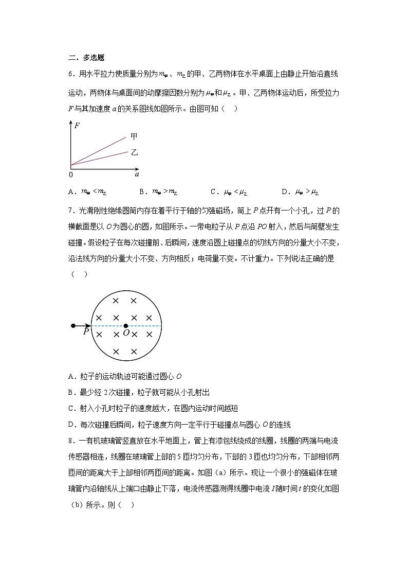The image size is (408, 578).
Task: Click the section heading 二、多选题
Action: (x=86, y=58)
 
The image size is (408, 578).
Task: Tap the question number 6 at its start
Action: (x=70, y=75)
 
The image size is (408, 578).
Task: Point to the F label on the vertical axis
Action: (x=77, y=125)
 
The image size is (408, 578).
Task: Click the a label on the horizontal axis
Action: (x=137, y=175)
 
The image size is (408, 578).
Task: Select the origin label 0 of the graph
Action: (x=70, y=175)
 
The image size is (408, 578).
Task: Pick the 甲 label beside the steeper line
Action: (x=134, y=136)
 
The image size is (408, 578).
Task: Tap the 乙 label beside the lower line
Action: (x=134, y=152)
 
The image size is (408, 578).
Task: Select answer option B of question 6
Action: (x=158, y=192)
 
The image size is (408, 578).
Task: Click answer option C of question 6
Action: (x=229, y=192)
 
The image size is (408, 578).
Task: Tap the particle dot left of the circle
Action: (x=73, y=326)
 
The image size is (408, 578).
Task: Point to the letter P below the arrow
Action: (x=86, y=332)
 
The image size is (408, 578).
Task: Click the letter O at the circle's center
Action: (x=126, y=334)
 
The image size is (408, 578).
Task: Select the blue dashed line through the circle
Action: (x=144, y=326)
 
